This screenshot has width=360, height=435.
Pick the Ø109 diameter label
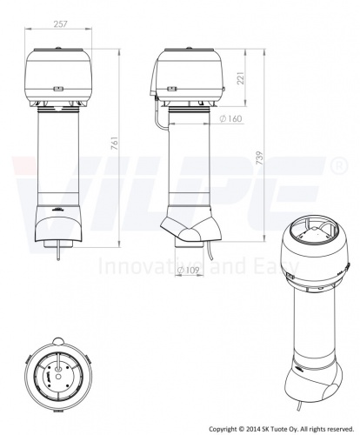pyautogui.click(x=189, y=271)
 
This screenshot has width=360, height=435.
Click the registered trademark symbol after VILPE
pyautogui.click(x=339, y=165)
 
